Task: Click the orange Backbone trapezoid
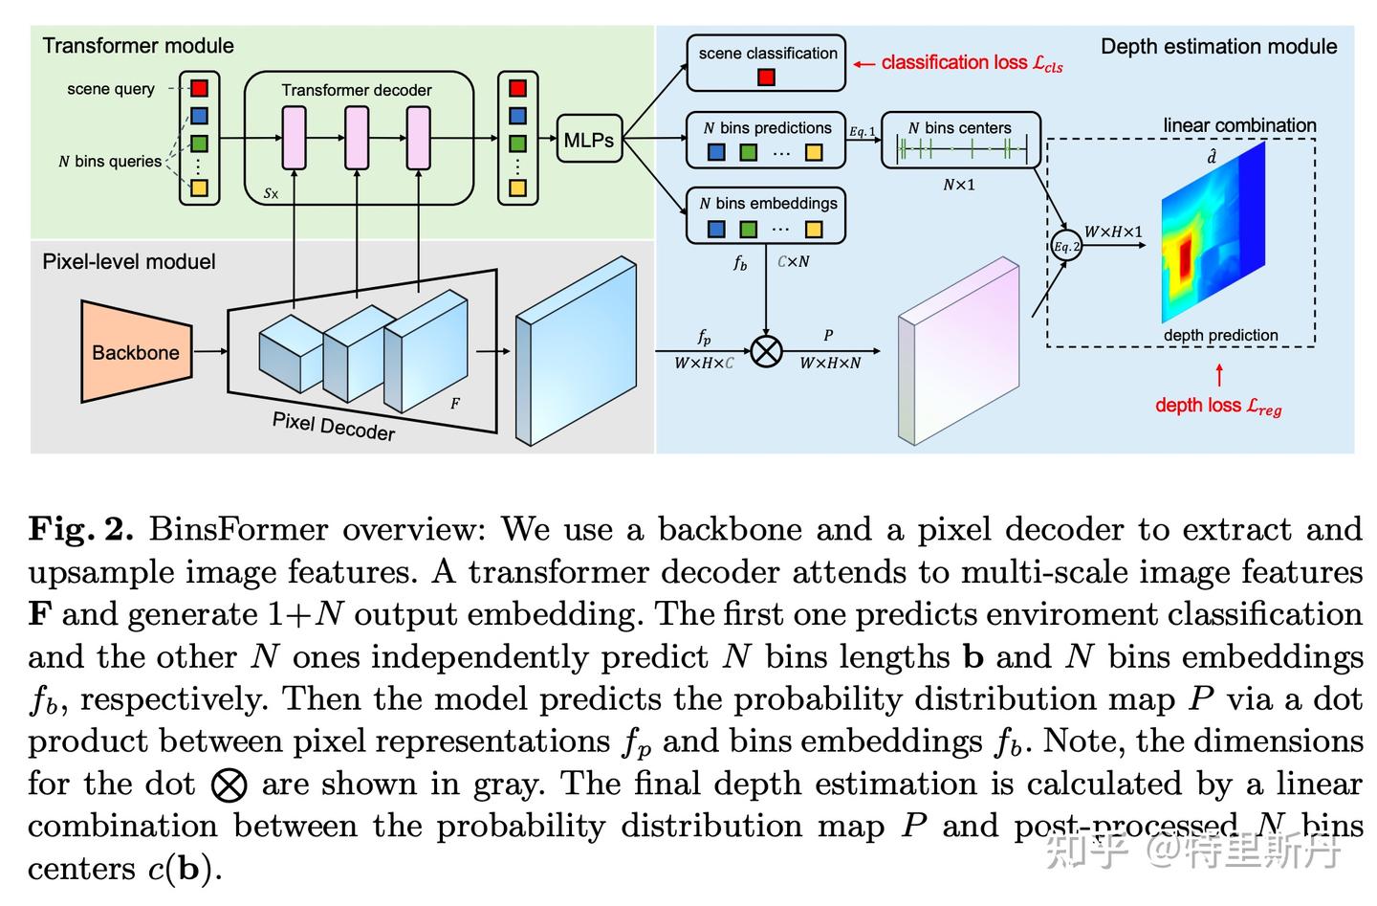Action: [135, 352]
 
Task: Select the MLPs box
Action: [588, 141]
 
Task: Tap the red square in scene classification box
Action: [766, 77]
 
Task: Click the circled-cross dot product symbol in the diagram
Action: [766, 351]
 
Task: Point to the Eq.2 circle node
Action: [1066, 246]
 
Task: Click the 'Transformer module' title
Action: [138, 46]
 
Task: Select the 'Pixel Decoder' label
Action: [334, 426]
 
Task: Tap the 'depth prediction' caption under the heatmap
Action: [1220, 335]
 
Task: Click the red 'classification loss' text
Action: [971, 63]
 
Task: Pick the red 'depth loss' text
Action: [1217, 406]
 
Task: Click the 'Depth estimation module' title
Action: [1218, 46]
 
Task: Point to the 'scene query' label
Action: [111, 89]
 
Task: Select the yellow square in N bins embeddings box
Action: [814, 229]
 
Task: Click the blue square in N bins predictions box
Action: [716, 152]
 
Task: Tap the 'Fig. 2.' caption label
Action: [80, 529]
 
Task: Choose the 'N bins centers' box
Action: [960, 140]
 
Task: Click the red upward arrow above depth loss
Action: [1219, 374]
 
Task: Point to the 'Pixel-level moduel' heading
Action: [129, 262]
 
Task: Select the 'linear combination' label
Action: [1239, 125]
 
